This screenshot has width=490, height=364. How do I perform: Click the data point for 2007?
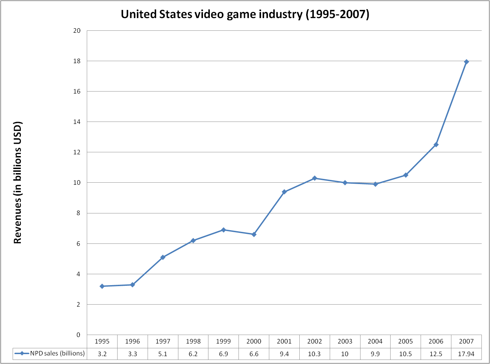pos(466,62)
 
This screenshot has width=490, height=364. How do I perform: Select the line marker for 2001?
pos(284,192)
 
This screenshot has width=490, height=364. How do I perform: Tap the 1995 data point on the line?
pos(102,286)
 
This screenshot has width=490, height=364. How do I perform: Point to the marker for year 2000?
pos(254,234)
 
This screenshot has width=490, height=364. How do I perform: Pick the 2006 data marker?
pos(436,145)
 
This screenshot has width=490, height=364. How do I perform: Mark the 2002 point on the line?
pos(315,178)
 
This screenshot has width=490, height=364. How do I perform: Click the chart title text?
pos(245,14)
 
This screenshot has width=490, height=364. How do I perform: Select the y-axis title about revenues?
pos(18,182)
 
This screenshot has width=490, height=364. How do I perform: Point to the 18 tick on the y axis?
pos(77,61)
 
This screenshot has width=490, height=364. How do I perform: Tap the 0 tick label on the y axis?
pos(78,335)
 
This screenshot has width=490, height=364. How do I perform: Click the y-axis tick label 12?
pos(77,152)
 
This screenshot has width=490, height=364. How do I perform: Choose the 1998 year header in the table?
pos(193,341)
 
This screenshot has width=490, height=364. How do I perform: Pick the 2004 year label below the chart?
pos(375,341)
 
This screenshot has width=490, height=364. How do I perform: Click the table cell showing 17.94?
pos(466,354)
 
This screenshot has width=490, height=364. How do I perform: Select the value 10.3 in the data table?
pos(314,354)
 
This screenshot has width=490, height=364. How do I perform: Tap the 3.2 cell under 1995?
pos(102,354)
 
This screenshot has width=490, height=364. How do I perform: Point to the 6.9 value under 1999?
pos(223,354)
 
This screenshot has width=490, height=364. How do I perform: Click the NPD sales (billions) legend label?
pos(57,353)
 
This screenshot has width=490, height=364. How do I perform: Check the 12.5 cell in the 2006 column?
pos(436,354)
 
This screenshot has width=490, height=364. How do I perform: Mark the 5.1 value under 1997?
pos(163,354)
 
